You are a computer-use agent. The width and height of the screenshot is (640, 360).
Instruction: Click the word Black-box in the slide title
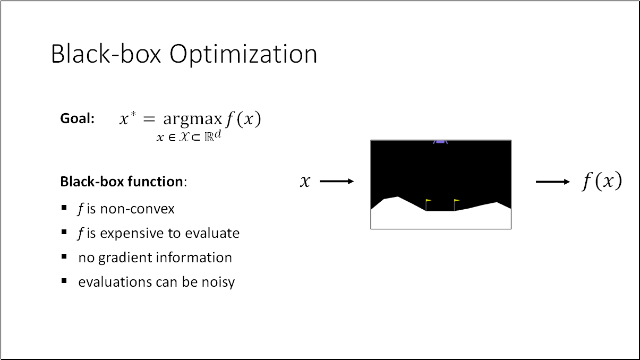pyautogui.click(x=106, y=54)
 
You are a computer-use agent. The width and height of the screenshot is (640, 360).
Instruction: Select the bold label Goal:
pyautogui.click(x=77, y=119)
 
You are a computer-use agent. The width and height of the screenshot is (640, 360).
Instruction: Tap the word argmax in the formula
pyautogui.click(x=192, y=120)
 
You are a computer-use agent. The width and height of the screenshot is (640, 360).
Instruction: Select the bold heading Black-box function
pyautogui.click(x=122, y=182)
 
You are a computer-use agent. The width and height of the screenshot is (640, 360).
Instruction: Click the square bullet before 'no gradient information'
pyautogui.click(x=64, y=256)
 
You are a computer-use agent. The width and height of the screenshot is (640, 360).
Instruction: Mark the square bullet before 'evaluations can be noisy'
pyautogui.click(x=64, y=281)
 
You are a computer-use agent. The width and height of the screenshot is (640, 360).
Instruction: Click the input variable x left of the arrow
pyautogui.click(x=304, y=182)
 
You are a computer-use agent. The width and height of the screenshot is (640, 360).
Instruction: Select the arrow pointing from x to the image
pyautogui.click(x=337, y=182)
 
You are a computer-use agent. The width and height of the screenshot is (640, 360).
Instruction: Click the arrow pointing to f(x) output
pyautogui.click(x=552, y=182)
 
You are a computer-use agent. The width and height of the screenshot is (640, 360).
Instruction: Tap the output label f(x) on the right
pyautogui.click(x=601, y=182)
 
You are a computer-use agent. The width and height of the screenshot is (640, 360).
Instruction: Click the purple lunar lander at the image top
pyautogui.click(x=440, y=142)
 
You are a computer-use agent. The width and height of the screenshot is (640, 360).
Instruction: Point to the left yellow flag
pyautogui.click(x=428, y=201)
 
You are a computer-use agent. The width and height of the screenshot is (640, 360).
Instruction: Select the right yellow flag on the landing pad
pyautogui.click(x=456, y=201)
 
